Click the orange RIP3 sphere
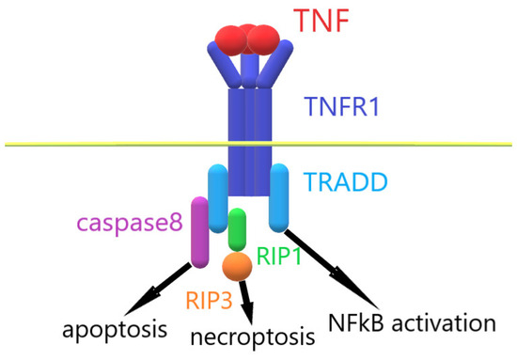coord(237,265)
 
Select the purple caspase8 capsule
coord(199,231)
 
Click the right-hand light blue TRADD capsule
coord(279,197)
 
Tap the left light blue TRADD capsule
coord(216,197)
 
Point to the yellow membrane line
coord(94,144)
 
